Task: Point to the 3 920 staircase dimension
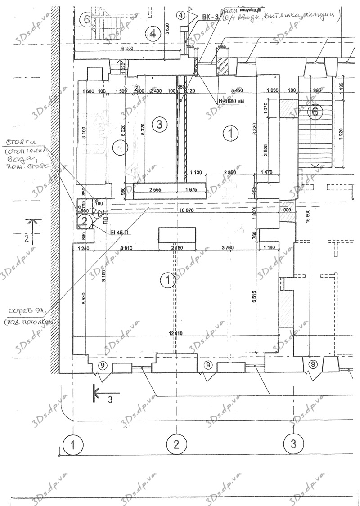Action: (x=341, y=137)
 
